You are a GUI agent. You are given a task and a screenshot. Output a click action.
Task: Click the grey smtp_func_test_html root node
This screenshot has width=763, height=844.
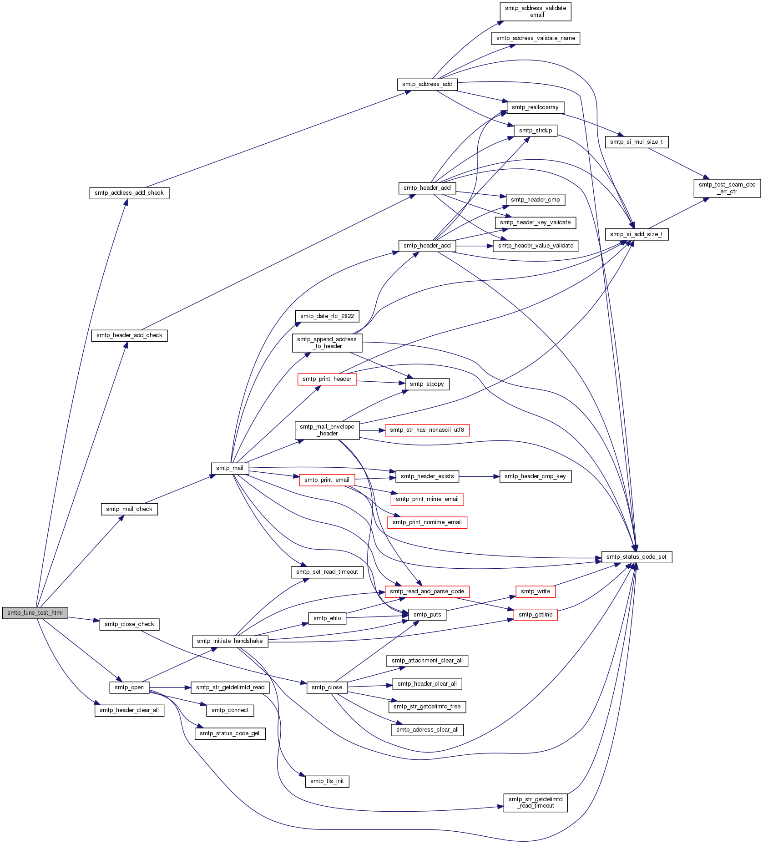coord(35,613)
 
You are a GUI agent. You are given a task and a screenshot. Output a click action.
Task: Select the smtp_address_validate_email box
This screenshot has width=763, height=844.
coord(536,12)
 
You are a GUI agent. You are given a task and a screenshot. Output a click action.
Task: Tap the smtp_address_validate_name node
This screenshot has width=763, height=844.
coord(536,38)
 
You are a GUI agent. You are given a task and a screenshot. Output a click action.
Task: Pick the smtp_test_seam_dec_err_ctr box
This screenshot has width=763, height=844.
coord(727,188)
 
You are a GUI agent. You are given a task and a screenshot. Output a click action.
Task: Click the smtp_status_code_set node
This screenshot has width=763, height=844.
coord(637,557)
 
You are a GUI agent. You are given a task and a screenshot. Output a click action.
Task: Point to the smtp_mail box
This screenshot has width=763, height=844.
coord(230,468)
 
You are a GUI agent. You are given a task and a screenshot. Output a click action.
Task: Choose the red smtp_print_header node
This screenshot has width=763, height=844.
coord(327,379)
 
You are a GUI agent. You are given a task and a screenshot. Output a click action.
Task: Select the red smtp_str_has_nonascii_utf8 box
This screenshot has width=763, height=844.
coord(427,430)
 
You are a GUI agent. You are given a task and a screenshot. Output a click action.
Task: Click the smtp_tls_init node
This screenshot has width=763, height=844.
coord(327,781)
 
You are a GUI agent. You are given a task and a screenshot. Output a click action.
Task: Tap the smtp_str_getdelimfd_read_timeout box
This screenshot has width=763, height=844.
coord(536,803)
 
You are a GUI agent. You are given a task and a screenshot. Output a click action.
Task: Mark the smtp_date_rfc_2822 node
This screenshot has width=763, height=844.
coord(327,316)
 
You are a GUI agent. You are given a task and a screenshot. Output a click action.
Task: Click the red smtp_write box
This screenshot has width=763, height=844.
coord(536,591)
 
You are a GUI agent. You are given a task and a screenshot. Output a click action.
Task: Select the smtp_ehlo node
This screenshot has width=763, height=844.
coord(327,618)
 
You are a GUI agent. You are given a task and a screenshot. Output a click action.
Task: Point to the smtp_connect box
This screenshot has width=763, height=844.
coord(230,710)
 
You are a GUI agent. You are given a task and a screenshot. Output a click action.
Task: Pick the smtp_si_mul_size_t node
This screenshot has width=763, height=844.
coord(637,142)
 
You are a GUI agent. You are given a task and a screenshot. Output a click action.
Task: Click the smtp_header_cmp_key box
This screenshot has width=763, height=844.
coord(536,476)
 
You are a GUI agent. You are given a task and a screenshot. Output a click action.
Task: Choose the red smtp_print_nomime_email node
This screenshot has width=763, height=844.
coord(427,522)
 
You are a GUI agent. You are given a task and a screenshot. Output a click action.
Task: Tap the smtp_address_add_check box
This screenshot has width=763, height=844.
coord(129,193)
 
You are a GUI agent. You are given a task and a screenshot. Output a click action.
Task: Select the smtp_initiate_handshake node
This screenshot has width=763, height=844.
coord(230,641)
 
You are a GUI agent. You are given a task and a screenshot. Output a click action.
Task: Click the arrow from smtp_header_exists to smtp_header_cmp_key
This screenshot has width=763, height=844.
coord(479,476)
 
